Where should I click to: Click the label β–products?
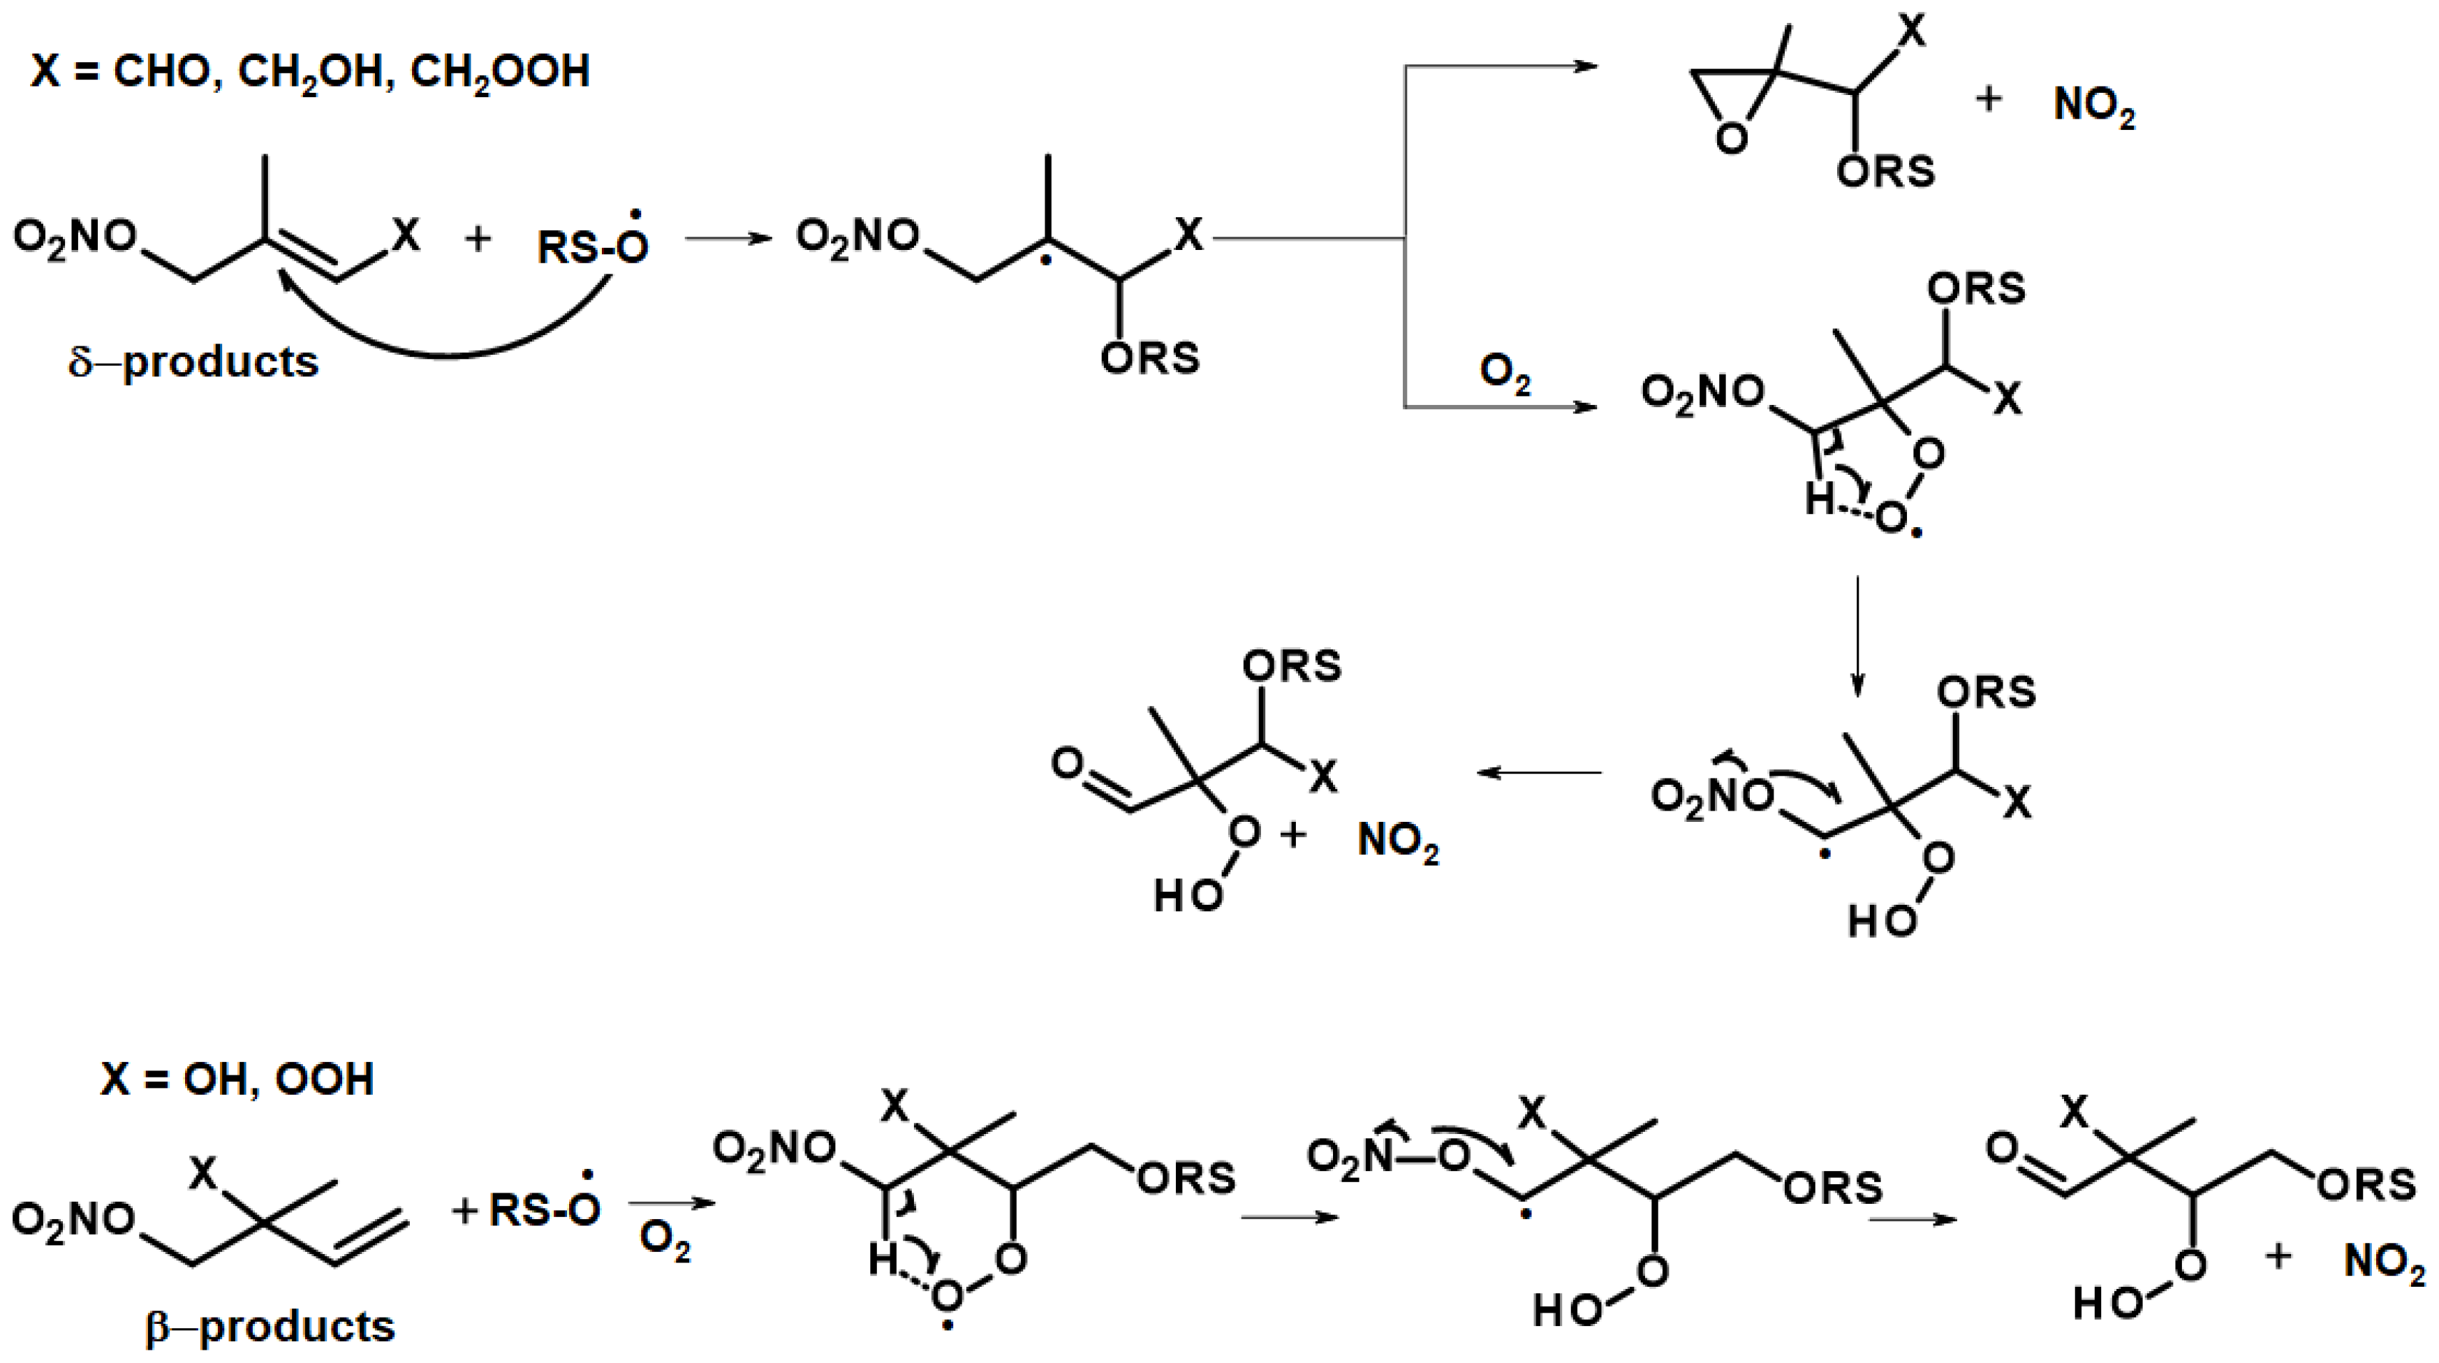[x=270, y=1327]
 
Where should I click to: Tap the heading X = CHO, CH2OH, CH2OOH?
[x=309, y=72]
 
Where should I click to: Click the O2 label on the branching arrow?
[x=1505, y=374]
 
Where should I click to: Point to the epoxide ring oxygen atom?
[x=1732, y=139]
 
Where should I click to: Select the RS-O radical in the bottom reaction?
[x=545, y=1209]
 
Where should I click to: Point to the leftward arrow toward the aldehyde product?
[x=1538, y=772]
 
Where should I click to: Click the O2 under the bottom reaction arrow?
[x=665, y=1241]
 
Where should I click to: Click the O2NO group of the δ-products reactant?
[x=75, y=237]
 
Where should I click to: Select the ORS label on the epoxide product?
[x=1885, y=172]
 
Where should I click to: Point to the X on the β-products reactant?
[x=202, y=1174]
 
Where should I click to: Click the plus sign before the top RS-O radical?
[x=478, y=239]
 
